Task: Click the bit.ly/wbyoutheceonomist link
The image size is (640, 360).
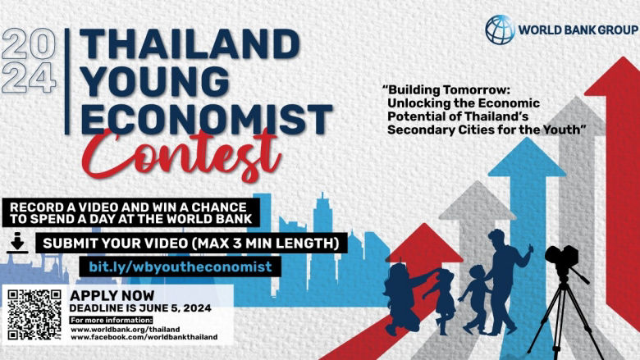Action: (x=180, y=267)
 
